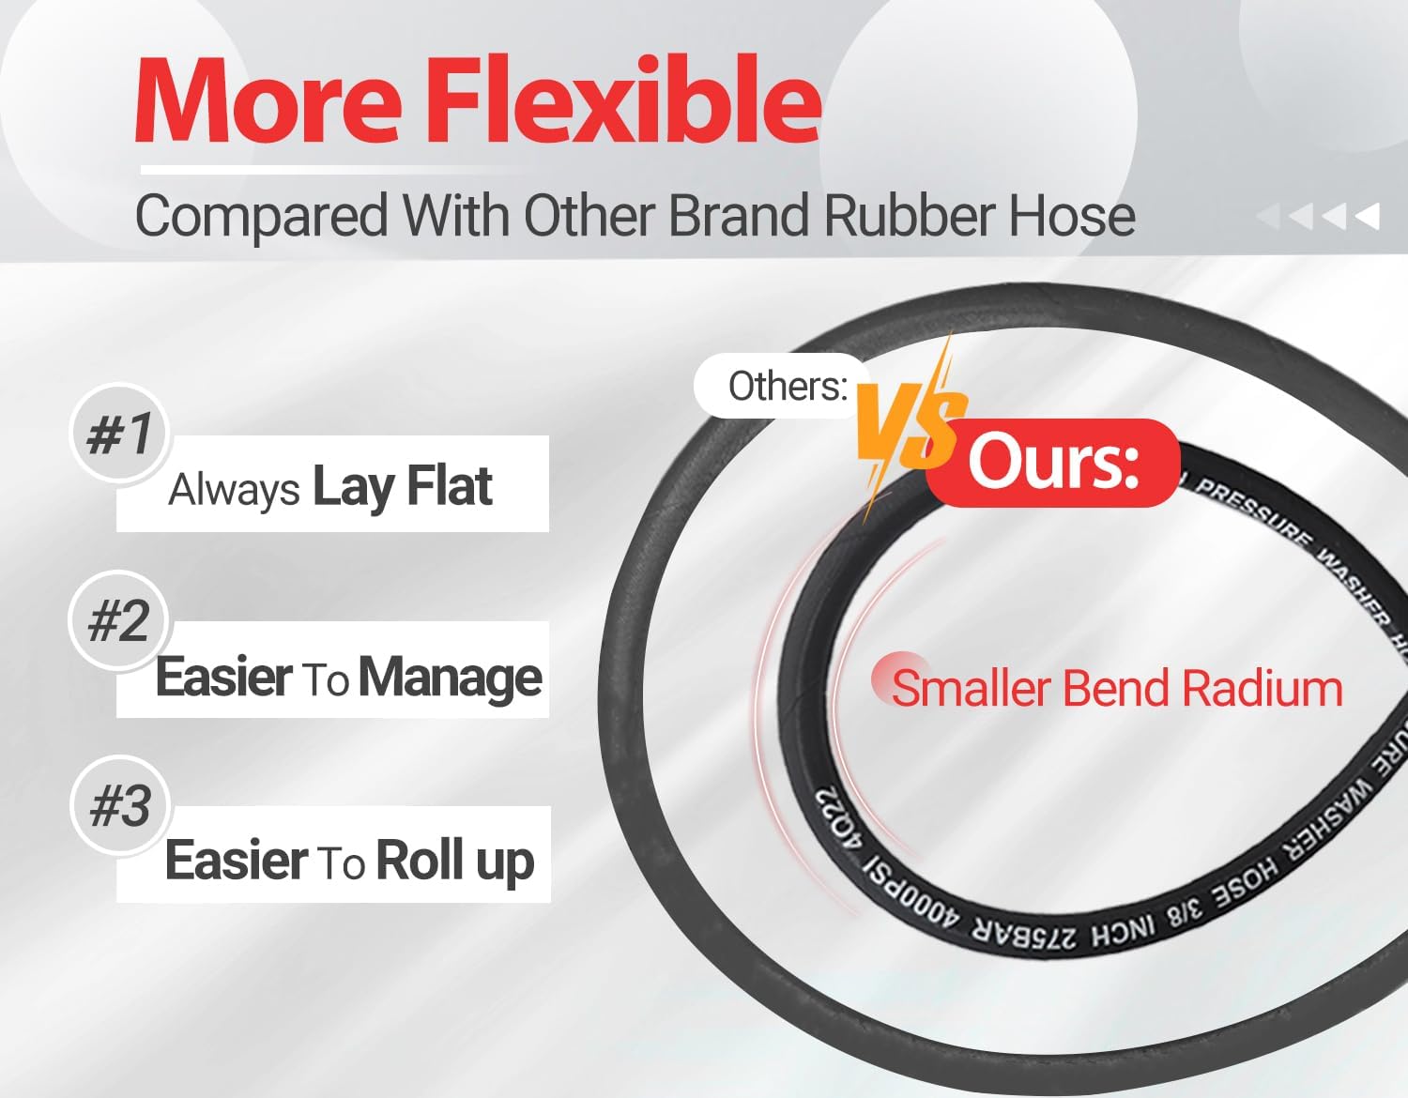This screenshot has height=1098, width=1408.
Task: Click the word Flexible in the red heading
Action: click(624, 101)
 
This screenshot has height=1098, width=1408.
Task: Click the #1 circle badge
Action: click(119, 434)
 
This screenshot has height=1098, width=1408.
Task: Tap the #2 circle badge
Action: click(118, 620)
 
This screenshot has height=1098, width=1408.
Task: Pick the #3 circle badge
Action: click(119, 805)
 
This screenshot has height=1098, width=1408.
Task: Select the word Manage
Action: click(451, 678)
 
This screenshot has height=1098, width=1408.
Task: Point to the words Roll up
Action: click(455, 862)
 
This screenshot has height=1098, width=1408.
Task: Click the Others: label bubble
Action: click(787, 386)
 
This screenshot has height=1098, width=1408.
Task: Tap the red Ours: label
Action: click(1053, 463)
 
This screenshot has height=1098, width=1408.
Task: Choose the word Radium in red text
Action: click(1263, 689)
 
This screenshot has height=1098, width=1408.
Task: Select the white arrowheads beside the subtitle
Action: click(1319, 217)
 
